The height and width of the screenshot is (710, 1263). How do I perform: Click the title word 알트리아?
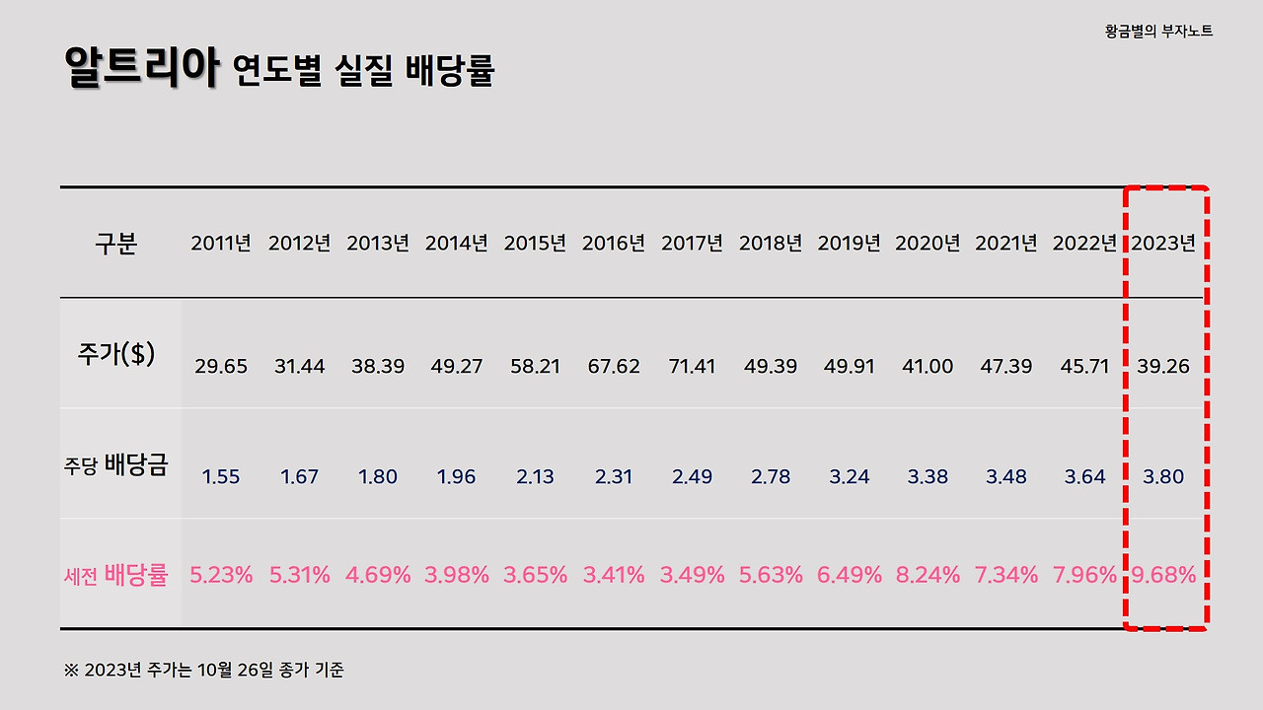coord(140,68)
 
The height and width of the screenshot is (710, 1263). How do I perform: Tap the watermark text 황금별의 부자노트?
coord(1158,32)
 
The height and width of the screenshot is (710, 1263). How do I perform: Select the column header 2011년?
coord(221,244)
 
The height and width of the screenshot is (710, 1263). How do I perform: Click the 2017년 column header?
coord(692,244)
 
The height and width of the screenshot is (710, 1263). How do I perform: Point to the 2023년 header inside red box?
coord(1163,244)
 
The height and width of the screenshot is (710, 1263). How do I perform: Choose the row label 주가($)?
coord(116,354)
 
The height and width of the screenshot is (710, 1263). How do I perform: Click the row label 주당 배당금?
coord(116,465)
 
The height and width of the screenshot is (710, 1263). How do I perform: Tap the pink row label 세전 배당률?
coord(116,575)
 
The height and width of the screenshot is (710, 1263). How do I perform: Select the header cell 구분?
coord(116,244)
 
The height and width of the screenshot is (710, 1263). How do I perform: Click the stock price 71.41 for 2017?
coord(692,366)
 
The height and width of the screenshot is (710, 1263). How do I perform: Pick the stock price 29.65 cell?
coord(221,366)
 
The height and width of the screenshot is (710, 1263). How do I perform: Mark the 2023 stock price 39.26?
coord(1163,366)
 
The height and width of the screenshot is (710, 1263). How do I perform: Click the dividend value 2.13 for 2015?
coord(535,477)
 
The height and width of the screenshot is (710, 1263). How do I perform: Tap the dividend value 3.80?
coord(1163,477)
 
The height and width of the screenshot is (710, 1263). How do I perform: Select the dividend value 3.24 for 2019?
coord(849,477)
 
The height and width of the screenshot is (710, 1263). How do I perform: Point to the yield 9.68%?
coord(1163,575)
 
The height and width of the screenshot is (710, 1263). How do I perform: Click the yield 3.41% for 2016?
coord(613,575)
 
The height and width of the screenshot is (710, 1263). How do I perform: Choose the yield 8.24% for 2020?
coord(928,575)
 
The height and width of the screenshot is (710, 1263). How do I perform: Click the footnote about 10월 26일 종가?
coord(204,671)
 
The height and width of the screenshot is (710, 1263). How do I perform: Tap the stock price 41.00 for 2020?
coord(928,366)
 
